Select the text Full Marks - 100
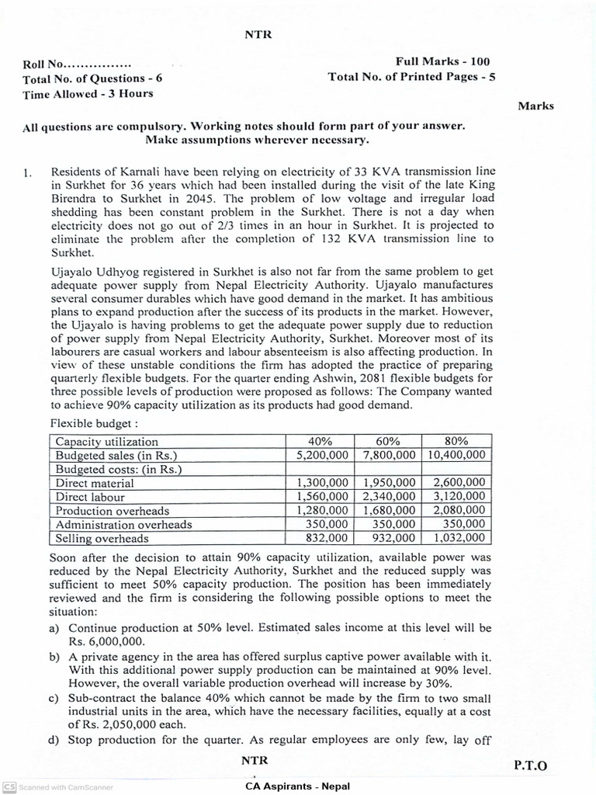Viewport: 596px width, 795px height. (x=442, y=61)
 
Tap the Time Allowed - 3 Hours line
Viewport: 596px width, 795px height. (x=88, y=93)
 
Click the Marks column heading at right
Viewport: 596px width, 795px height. (x=535, y=106)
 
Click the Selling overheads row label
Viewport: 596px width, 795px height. (x=101, y=538)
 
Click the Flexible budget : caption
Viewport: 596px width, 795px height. (x=94, y=425)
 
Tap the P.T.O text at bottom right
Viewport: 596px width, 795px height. (x=530, y=765)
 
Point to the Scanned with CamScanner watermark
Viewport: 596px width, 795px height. (x=58, y=786)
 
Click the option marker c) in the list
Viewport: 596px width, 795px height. (x=54, y=699)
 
